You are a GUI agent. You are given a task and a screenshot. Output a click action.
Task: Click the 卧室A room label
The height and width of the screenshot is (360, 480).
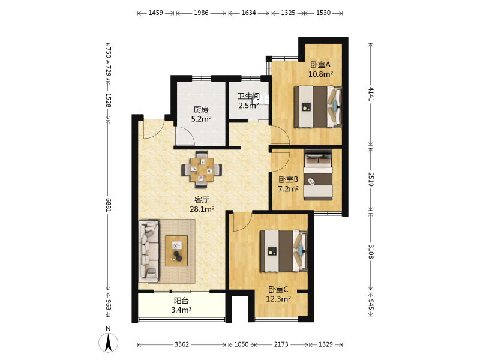(x=320, y=65)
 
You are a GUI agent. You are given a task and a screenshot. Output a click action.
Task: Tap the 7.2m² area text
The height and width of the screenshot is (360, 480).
(x=288, y=189)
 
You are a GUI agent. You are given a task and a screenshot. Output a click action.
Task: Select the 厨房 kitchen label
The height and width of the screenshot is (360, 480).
(x=201, y=110)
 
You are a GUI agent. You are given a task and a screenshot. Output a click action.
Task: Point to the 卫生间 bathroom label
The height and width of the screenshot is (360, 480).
(x=249, y=96)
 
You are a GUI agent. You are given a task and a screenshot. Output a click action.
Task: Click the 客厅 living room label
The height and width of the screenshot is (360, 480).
(x=202, y=200)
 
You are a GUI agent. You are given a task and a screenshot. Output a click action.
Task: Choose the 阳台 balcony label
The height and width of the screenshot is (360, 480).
(x=181, y=301)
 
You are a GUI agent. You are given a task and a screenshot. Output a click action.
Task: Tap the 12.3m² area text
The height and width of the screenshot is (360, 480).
(x=278, y=299)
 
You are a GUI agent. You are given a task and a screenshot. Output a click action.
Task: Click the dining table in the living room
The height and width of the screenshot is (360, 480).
(x=202, y=169)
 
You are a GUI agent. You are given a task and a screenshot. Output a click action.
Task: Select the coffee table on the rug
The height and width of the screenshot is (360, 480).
(x=176, y=250)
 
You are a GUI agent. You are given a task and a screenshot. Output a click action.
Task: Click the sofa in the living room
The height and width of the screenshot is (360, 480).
(x=149, y=251)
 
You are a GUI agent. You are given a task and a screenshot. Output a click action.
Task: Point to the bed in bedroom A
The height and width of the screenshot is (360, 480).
(x=318, y=107)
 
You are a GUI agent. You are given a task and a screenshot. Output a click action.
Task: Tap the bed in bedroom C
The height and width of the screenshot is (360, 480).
(x=284, y=251)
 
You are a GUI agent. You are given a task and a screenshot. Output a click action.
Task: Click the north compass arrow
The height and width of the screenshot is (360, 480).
(x=108, y=343)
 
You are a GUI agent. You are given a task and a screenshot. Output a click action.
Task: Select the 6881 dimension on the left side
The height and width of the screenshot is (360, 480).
(x=109, y=205)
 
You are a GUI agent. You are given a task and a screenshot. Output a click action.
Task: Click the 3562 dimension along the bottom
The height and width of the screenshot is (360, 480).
(x=182, y=344)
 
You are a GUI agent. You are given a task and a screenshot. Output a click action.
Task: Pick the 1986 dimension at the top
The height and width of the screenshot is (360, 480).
(x=201, y=13)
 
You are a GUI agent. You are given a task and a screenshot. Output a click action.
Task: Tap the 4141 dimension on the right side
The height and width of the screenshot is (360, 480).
(x=371, y=94)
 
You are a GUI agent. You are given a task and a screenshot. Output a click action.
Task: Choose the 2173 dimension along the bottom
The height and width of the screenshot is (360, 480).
(x=281, y=344)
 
